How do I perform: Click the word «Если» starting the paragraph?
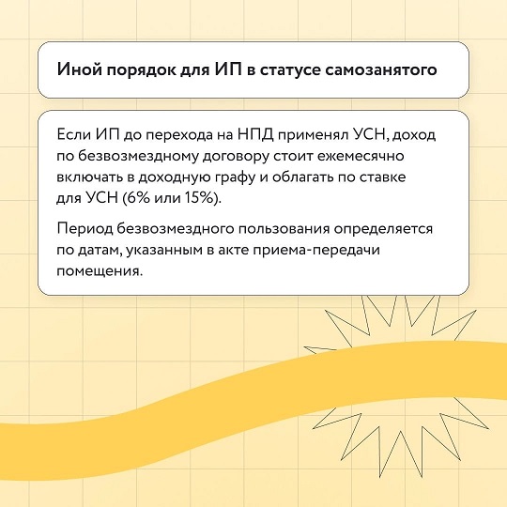[x=73, y=134]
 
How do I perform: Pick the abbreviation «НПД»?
[x=255, y=135]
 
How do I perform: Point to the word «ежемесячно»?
[x=361, y=156]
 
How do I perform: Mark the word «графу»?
[x=232, y=178]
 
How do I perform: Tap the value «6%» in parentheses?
[x=136, y=197]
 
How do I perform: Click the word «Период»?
[x=85, y=229]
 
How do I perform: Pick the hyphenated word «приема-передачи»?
[x=316, y=251]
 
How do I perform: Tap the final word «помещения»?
[x=100, y=271]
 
